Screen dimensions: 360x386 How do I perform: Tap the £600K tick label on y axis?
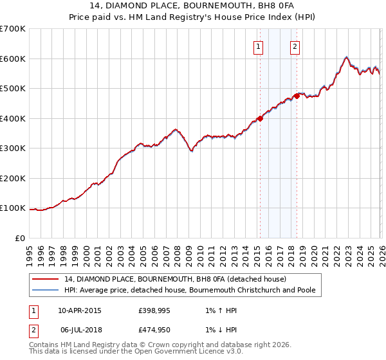pyautogui.click(x=12, y=59)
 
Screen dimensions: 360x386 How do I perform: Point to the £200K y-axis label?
pyautogui.click(x=12, y=178)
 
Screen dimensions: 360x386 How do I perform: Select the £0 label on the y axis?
pyautogui.click(x=19, y=238)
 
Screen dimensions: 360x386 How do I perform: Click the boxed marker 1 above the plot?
pyautogui.click(x=258, y=46)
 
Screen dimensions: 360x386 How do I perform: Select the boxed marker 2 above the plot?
pyautogui.click(x=295, y=46)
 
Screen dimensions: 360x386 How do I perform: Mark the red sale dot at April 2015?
pyautogui.click(x=260, y=118)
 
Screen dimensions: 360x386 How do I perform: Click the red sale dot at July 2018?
pyautogui.click(x=297, y=96)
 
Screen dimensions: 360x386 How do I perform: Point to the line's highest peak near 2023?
pyautogui.click(x=346, y=57)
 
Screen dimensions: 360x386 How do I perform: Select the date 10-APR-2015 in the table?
pyautogui.click(x=80, y=310)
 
